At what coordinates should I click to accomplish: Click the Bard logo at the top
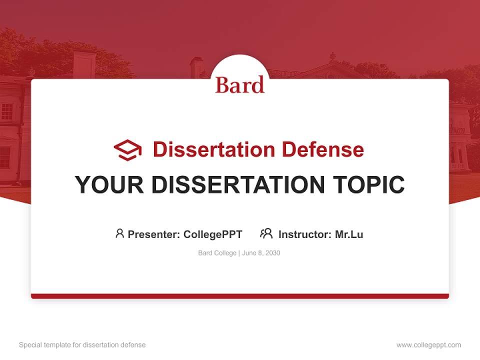(239, 85)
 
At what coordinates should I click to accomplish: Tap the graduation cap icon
(127, 150)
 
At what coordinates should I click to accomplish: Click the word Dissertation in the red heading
(214, 149)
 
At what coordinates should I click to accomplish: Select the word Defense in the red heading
(323, 149)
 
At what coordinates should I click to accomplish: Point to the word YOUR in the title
(109, 184)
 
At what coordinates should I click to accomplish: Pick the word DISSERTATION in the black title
(238, 184)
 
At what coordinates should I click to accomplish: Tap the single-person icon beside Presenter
(119, 233)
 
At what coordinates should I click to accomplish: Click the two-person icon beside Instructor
(266, 233)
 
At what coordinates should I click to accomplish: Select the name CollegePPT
(213, 234)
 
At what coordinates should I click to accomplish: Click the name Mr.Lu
(349, 234)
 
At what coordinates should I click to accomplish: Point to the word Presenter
(153, 234)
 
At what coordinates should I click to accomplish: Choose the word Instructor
(305, 234)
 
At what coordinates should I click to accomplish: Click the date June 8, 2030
(261, 253)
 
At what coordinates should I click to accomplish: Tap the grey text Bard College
(217, 253)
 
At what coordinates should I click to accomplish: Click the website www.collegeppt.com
(428, 345)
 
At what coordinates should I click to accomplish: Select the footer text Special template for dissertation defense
(82, 345)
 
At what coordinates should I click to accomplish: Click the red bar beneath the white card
(240, 296)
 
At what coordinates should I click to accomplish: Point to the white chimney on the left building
(84, 65)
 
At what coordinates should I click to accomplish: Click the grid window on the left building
(7, 111)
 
